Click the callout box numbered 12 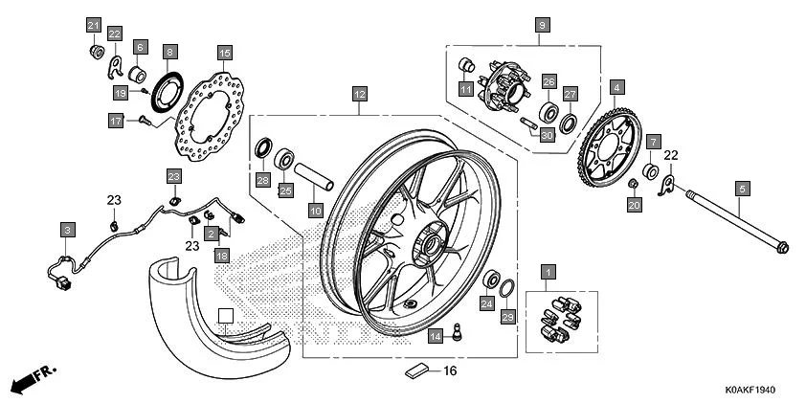pyautogui.click(x=359, y=95)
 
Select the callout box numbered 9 pyautogui.click(x=542, y=25)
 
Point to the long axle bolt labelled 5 pyautogui.click(x=728, y=221)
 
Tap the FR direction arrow pyautogui.click(x=34, y=379)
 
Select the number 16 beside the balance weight pyautogui.click(x=450, y=369)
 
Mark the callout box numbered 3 pyautogui.click(x=67, y=230)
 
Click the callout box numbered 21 pyautogui.click(x=94, y=25)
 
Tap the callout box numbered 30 pyautogui.click(x=548, y=136)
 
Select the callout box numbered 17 pyautogui.click(x=116, y=121)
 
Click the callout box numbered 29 pyautogui.click(x=508, y=316)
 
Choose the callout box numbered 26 pyautogui.click(x=549, y=82)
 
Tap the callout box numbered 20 pyautogui.click(x=634, y=204)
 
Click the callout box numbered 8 pyautogui.click(x=169, y=53)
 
